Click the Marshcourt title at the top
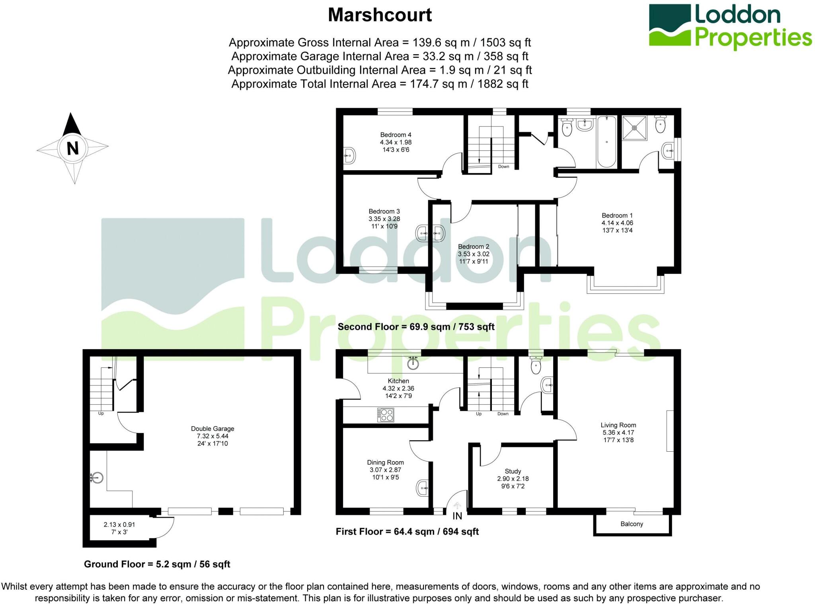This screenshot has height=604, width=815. coord(380,15)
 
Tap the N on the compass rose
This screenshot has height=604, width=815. coord(72,148)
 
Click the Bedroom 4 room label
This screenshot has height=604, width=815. coord(396,135)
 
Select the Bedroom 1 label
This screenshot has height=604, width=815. coord(617,216)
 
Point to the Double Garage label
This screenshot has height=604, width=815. coord(213,429)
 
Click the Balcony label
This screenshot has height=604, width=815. coord(632,524)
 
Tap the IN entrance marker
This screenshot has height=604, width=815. coord(457,516)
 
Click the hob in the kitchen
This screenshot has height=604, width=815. coord(386,415)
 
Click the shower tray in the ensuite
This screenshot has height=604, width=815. coord(635,128)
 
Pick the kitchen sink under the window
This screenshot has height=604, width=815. coord(413,363)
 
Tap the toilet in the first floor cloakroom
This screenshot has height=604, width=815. coord(536,365)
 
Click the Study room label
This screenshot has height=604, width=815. coord(513,471)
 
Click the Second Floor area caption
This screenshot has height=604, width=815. coord(416,327)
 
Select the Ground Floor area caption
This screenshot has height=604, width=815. coord(157,564)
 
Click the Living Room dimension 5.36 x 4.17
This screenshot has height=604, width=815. coord(618,433)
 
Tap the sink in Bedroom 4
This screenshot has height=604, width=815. coord(349,155)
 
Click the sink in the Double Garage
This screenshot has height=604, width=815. coord(97,477)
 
